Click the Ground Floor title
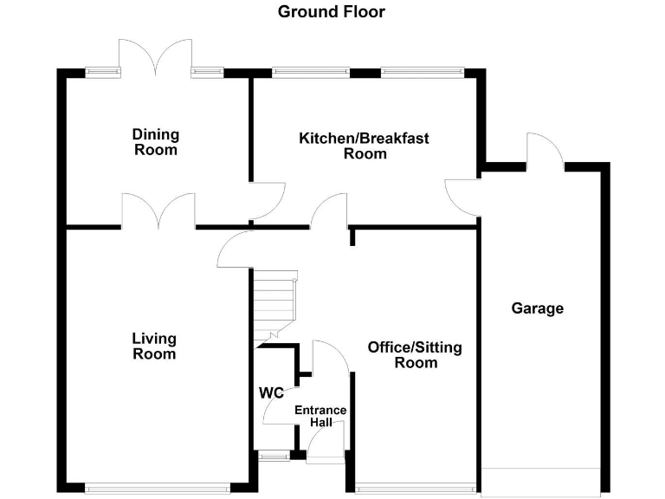[332, 11]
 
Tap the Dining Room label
[156, 142]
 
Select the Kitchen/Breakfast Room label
[365, 146]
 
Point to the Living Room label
[154, 346]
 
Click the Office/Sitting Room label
[415, 354]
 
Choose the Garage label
[537, 308]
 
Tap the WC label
[271, 392]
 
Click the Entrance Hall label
[320, 416]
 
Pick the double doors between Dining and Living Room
[158, 211]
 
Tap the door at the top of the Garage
[546, 151]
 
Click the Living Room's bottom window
[158, 488]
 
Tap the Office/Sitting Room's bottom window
[416, 488]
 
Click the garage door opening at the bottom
[541, 482]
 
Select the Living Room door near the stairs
[234, 250]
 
